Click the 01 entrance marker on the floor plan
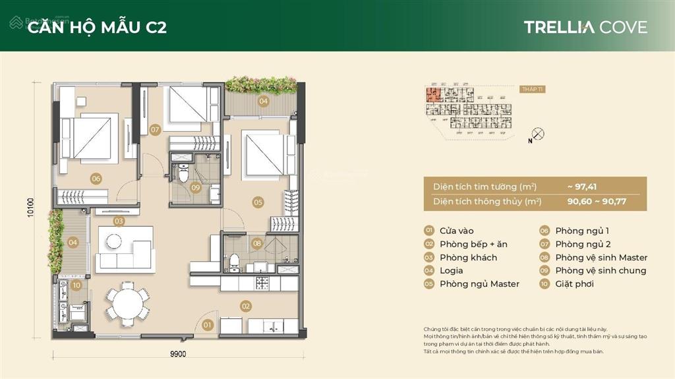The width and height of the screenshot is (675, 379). click(x=207, y=324)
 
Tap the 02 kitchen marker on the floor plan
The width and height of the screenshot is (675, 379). click(x=245, y=306)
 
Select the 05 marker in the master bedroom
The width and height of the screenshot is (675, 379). click(x=258, y=202)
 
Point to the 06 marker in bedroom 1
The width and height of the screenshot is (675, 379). click(x=96, y=178)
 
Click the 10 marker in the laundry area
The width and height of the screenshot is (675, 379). click(x=76, y=285)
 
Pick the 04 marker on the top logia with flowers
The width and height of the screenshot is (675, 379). click(x=263, y=102)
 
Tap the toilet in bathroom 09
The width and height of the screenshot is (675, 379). click(x=185, y=175)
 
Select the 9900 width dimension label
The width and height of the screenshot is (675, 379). click(x=177, y=354)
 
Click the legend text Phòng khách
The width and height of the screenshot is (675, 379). click(x=468, y=258)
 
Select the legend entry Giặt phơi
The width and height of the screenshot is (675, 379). click(x=574, y=284)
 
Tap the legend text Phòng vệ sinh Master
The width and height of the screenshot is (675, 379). click(x=601, y=258)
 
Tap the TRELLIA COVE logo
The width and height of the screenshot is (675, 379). click(x=585, y=27)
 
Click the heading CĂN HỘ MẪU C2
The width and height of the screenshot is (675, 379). click(x=97, y=27)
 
